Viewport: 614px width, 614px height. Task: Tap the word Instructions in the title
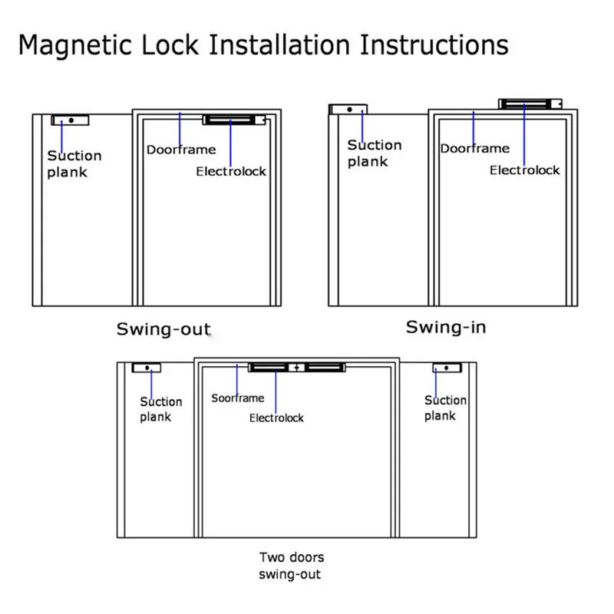[x=433, y=45]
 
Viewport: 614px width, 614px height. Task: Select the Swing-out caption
[x=163, y=329]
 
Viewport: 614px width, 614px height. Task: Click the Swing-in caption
[x=446, y=328]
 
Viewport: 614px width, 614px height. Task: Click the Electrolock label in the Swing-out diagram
[x=231, y=171]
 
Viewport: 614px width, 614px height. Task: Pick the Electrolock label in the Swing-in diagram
[x=525, y=170]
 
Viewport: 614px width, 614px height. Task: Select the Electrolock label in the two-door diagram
[x=276, y=418]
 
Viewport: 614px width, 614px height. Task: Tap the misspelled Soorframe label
[x=238, y=398]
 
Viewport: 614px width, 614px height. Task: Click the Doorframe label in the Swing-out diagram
[x=181, y=149]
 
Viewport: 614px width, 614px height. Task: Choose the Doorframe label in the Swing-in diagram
[x=475, y=148]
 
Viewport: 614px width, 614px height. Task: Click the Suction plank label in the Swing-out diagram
[x=74, y=163]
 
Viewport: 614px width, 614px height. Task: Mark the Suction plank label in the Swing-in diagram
[x=375, y=153]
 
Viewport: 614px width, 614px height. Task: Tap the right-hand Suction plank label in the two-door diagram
[x=445, y=408]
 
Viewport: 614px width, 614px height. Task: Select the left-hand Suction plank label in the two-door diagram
[x=161, y=409]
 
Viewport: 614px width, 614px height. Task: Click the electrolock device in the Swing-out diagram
[x=234, y=120]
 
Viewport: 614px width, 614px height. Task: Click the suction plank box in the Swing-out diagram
[x=71, y=120]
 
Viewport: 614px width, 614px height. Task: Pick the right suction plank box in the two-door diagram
[x=445, y=368]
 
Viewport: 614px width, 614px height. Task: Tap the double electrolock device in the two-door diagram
[x=296, y=368]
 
